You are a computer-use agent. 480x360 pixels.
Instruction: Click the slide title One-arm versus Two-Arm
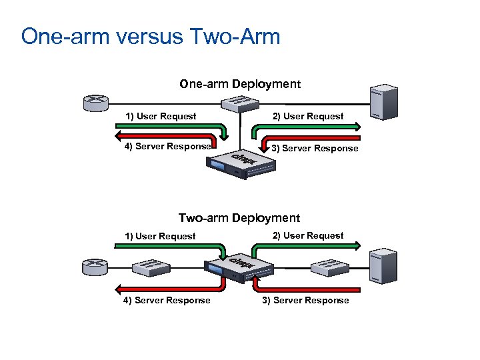(x=151, y=36)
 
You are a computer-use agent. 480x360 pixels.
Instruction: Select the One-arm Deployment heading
(x=239, y=84)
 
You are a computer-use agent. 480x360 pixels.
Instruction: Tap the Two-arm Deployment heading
(x=239, y=218)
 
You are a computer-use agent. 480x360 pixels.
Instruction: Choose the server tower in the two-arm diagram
(x=385, y=265)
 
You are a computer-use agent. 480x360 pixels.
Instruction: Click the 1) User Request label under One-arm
(x=161, y=116)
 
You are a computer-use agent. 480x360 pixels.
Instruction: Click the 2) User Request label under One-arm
(x=308, y=116)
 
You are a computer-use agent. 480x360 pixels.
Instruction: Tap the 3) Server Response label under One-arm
(x=315, y=148)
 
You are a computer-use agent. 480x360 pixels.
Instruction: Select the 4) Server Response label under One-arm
(x=167, y=146)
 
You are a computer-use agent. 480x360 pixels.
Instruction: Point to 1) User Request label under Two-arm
(x=161, y=236)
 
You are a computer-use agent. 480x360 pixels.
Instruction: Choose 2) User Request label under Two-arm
(x=308, y=235)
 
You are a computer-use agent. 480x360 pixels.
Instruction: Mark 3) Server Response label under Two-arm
(x=305, y=300)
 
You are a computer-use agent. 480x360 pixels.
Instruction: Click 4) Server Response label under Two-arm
(x=167, y=300)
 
